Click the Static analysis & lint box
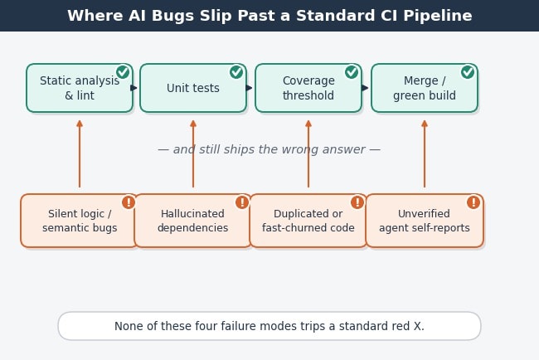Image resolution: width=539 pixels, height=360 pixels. coord(80,88)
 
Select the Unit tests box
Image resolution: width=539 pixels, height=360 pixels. coord(193,88)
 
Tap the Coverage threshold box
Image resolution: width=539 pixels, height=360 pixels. coord(308,88)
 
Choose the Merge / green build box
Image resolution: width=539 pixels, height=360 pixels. coord(425,88)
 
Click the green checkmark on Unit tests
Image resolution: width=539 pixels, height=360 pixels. coord(236,72)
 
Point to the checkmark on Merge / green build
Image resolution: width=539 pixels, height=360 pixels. coord(468,72)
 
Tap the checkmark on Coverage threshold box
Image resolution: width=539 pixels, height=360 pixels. coord(352,72)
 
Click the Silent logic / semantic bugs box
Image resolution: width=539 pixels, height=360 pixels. coord(80,221)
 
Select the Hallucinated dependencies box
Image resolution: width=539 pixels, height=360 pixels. coord(193,221)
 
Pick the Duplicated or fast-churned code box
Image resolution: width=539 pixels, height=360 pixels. coord(308,221)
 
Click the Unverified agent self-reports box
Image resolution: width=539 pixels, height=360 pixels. coord(425,221)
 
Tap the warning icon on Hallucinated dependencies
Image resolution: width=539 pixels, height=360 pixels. coord(242,202)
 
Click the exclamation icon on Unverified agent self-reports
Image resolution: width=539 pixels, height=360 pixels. coord(473,202)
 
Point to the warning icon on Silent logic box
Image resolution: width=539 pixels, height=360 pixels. coord(129,202)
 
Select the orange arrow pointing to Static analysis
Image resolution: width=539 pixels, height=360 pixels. coord(80,153)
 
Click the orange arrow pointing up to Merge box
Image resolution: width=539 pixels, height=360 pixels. coord(425,153)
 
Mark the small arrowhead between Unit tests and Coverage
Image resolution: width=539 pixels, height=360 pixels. coord(250,88)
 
